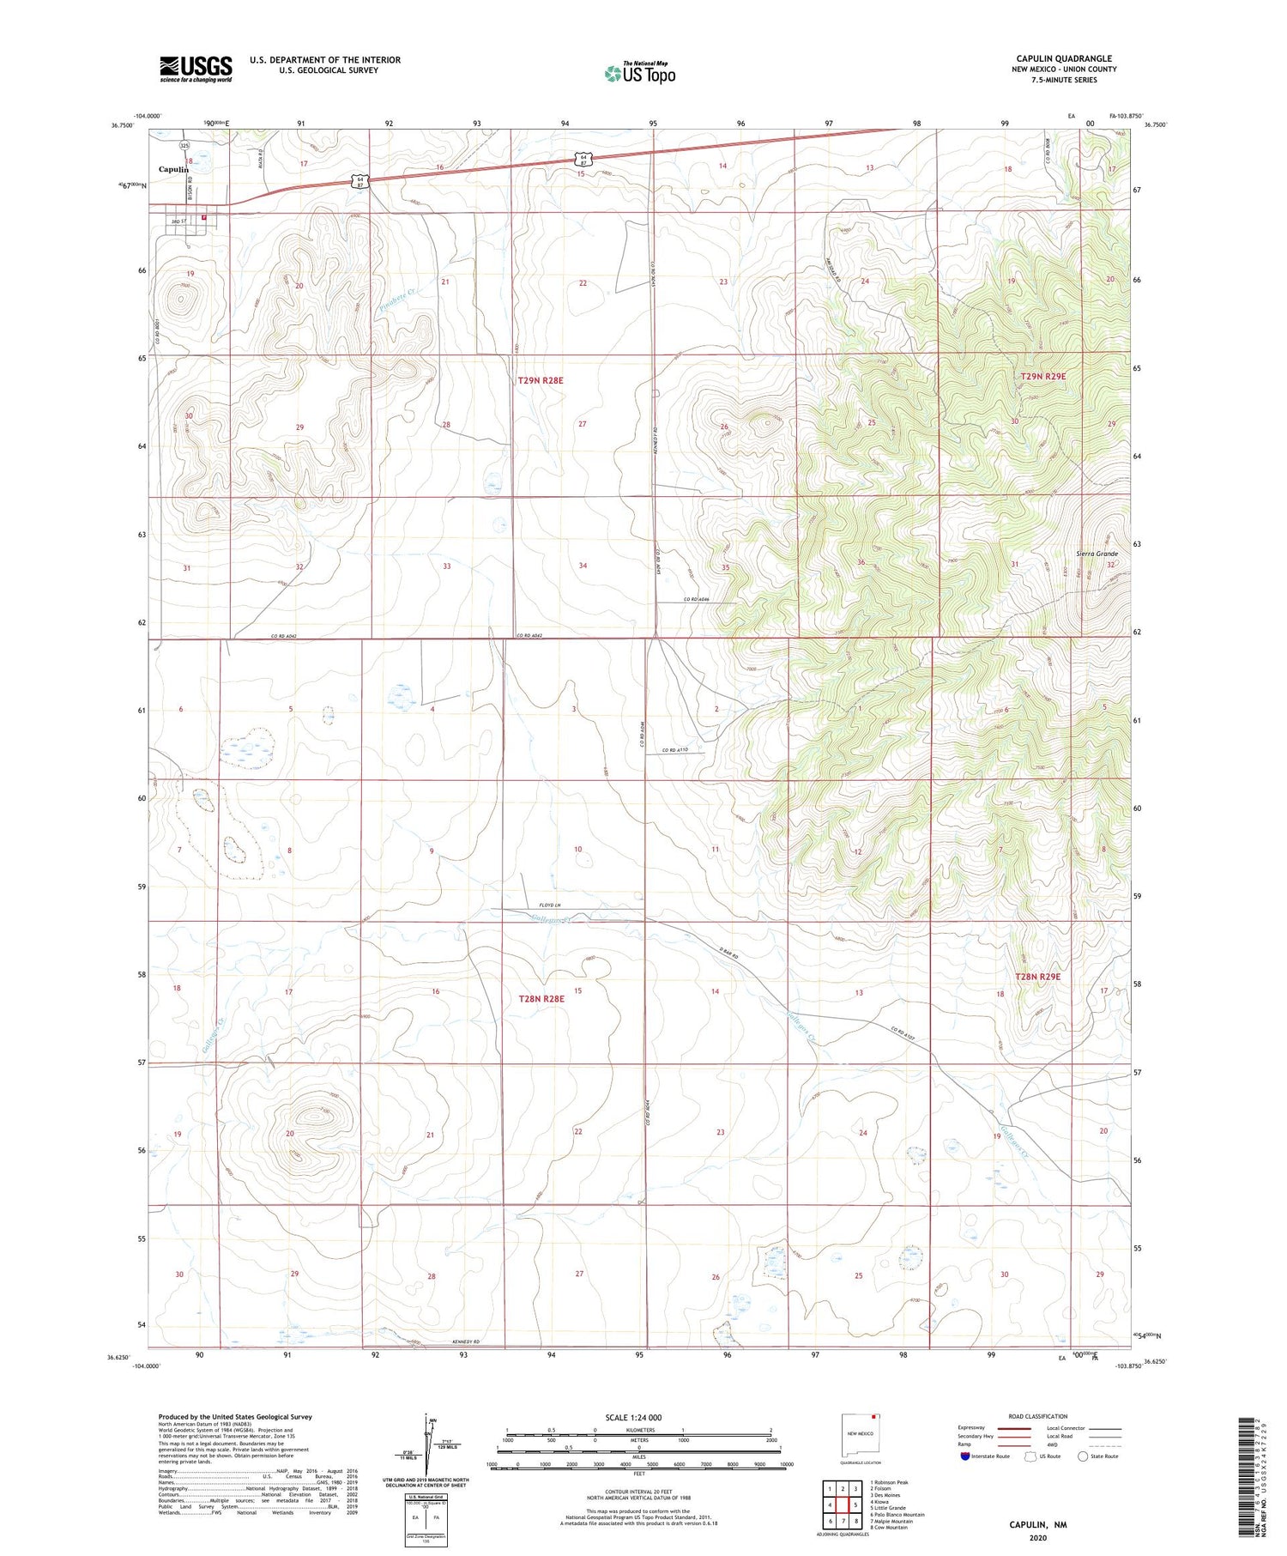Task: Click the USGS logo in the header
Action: click(196, 69)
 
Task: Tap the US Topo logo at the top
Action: click(639, 74)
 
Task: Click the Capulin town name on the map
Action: click(173, 170)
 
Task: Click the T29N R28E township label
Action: click(541, 379)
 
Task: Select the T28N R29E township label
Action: click(1038, 977)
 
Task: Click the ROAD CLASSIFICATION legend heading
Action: click(1037, 1416)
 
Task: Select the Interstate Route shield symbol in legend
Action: click(965, 1456)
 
